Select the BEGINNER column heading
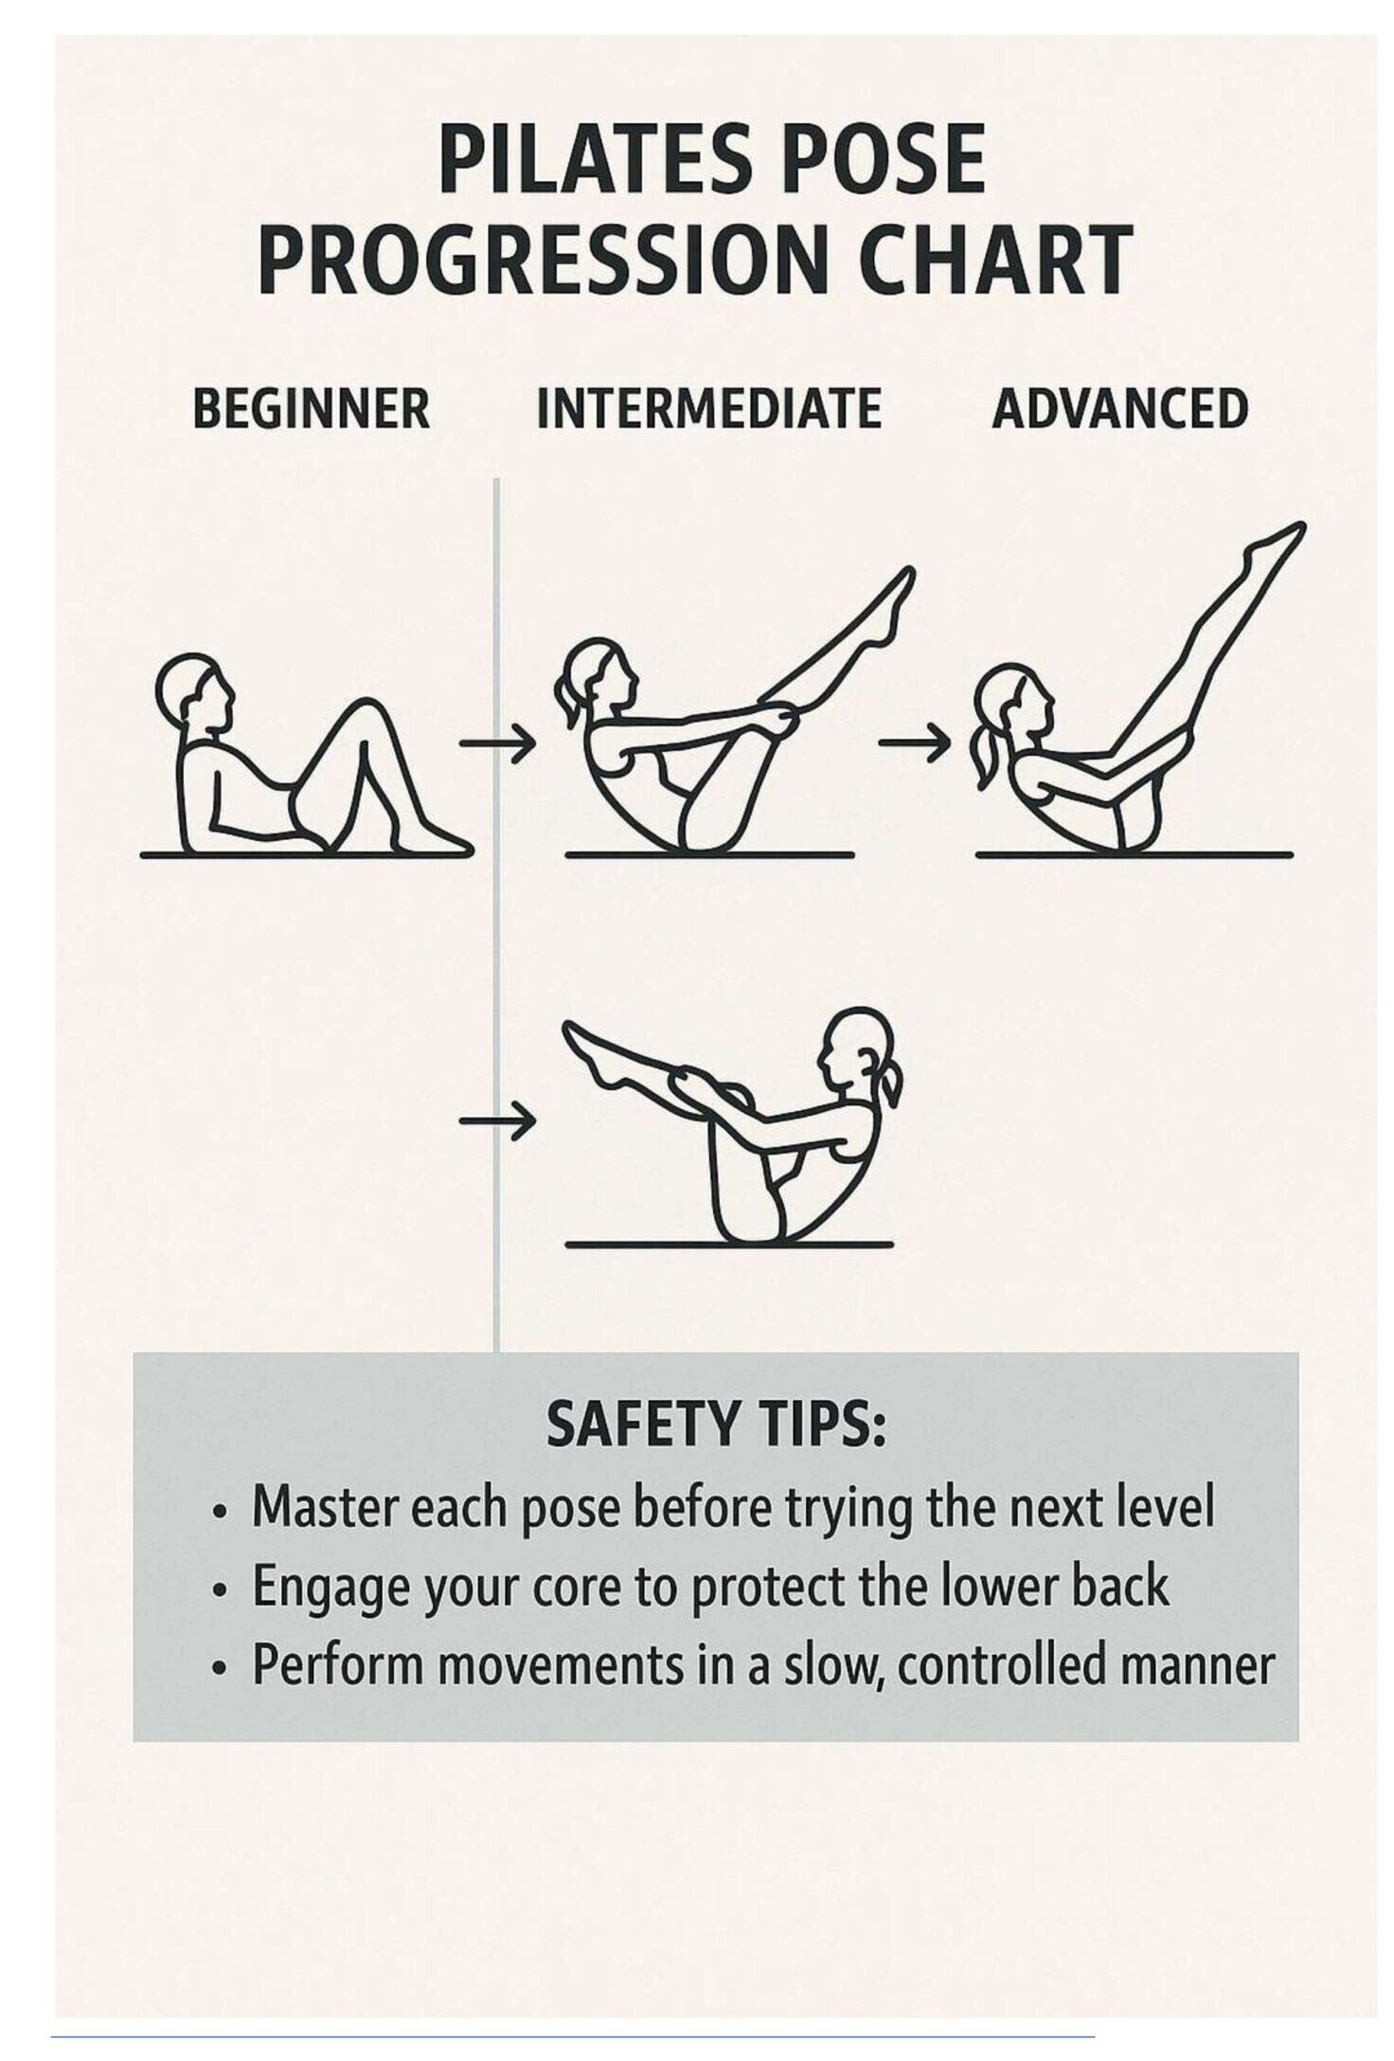[x=312, y=409]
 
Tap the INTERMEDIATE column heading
[x=708, y=409]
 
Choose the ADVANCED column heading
[x=1119, y=409]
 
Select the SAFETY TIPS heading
[x=716, y=1424]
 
